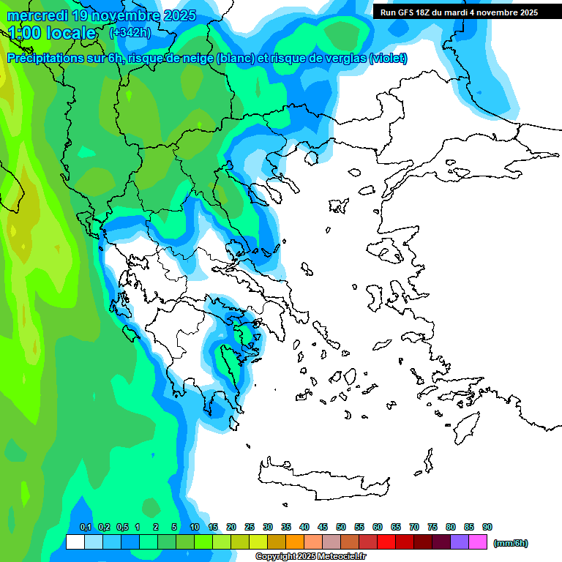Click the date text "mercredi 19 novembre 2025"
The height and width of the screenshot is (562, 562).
click(x=102, y=15)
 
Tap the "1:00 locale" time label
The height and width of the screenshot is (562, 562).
click(x=52, y=33)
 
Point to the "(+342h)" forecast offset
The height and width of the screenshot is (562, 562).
click(x=130, y=32)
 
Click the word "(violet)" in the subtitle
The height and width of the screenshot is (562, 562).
click(x=389, y=59)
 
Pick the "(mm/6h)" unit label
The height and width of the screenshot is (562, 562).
click(x=510, y=543)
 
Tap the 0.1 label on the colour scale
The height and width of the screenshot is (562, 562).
click(x=85, y=527)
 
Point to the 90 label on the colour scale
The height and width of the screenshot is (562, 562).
click(x=487, y=527)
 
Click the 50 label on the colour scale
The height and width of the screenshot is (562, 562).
click(x=341, y=527)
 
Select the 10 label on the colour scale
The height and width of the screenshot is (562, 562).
click(x=195, y=527)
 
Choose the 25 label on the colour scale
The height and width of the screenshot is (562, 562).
click(x=250, y=527)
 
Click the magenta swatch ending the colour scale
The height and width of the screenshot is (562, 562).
click(x=478, y=542)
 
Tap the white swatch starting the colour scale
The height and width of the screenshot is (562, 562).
click(x=75, y=542)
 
